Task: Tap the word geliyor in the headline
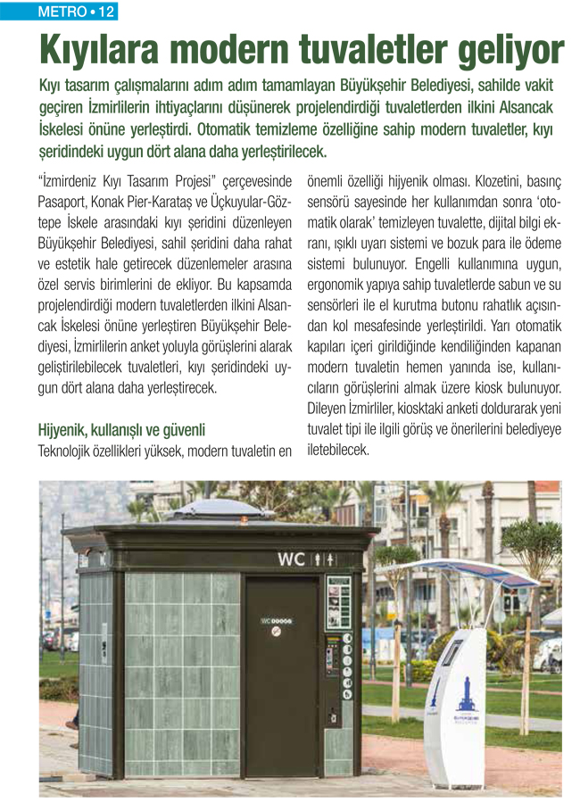coord(508,51)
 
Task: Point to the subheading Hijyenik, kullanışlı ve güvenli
coord(122,429)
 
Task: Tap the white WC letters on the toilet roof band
coord(291,560)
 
